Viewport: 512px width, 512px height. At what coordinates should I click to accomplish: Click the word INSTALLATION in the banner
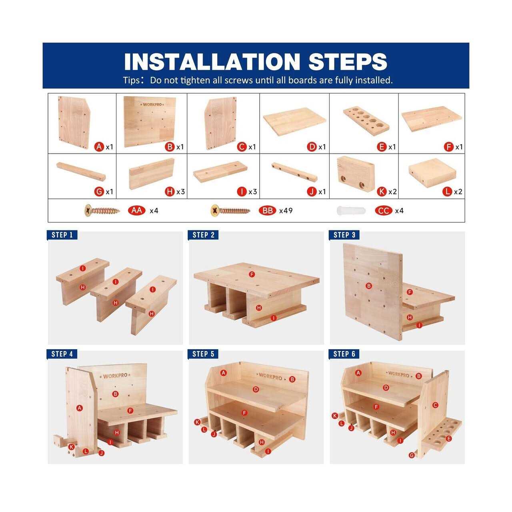(212, 62)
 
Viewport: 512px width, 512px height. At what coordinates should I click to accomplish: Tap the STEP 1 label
(62, 235)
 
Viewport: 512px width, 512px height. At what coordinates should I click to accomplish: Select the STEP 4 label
(62, 354)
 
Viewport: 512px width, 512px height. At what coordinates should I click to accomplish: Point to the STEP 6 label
(344, 354)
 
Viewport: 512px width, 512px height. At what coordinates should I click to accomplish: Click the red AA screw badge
(137, 211)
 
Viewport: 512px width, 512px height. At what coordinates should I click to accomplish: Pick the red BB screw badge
(268, 211)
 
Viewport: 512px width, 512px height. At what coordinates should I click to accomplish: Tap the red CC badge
(384, 211)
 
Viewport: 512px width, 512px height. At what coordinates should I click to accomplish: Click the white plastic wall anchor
(351, 211)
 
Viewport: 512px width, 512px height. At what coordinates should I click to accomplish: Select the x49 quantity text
(286, 211)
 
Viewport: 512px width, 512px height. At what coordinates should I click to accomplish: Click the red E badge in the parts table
(382, 147)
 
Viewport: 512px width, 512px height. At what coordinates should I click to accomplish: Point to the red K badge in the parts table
(382, 192)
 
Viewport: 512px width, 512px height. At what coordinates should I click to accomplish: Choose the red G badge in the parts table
(99, 192)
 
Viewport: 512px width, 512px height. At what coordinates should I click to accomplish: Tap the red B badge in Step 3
(368, 286)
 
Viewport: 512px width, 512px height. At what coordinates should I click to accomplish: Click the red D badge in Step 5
(256, 389)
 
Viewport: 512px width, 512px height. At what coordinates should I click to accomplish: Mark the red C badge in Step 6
(435, 405)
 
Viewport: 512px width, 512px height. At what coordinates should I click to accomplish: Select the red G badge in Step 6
(412, 455)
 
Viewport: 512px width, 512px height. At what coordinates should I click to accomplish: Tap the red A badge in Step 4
(80, 408)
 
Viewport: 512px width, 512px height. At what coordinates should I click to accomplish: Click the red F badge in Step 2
(252, 274)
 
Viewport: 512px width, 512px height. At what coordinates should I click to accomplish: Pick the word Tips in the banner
(131, 80)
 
